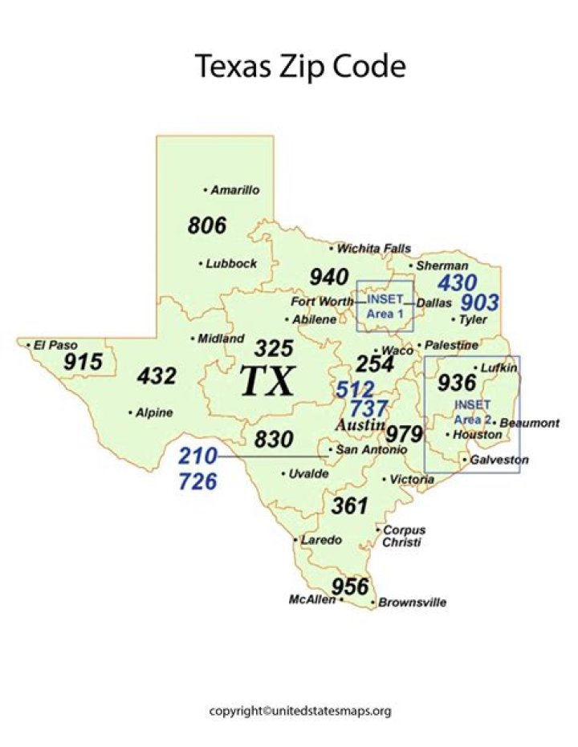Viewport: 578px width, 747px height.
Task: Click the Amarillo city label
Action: coord(234,190)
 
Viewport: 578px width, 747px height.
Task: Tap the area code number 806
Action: coord(207,225)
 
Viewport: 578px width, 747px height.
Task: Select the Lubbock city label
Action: coord(230,263)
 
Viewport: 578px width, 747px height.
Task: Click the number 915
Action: coord(83,362)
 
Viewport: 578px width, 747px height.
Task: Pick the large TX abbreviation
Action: coord(268,381)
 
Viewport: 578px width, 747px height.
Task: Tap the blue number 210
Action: coord(197,457)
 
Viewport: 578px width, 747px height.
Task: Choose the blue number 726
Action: coord(197,481)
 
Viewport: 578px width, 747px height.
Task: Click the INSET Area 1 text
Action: coord(385,306)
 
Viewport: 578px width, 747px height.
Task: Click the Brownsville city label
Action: coord(412,602)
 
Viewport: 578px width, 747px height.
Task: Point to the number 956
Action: coord(350,586)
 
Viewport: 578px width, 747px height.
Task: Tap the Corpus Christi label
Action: coord(404,536)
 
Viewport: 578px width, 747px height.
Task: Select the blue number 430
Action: coord(457,282)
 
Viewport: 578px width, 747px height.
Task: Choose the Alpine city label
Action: coord(153,412)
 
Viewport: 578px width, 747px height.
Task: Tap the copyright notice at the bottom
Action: coord(300,711)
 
